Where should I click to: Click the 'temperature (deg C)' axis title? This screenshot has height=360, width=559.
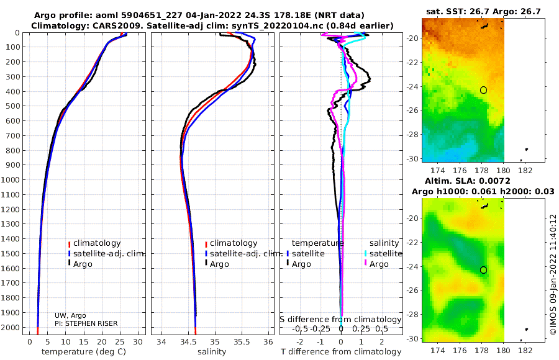pyautogui.click(x=84, y=352)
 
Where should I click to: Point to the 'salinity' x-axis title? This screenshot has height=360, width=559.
pyautogui.click(x=212, y=352)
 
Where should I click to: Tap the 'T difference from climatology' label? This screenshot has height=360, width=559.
pyautogui.click(x=341, y=352)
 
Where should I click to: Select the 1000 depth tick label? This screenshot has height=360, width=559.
pyautogui.click(x=10, y=179)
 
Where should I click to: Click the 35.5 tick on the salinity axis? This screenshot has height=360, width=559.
pyautogui.click(x=242, y=342)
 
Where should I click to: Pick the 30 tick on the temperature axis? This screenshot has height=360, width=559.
pyautogui.click(x=138, y=342)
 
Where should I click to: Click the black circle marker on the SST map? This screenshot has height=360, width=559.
pyautogui.click(x=483, y=90)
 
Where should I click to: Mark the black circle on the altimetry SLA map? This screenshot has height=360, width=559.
pyautogui.click(x=483, y=270)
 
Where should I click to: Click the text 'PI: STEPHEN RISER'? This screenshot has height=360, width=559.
pyautogui.click(x=86, y=323)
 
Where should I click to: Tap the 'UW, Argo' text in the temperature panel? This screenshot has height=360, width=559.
pyautogui.click(x=70, y=315)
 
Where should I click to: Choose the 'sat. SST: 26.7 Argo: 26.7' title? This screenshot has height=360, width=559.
pyautogui.click(x=483, y=11)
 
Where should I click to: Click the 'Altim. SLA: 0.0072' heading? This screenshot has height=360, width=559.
pyautogui.click(x=467, y=181)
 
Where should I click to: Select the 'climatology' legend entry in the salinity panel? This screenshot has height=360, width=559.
pyautogui.click(x=231, y=243)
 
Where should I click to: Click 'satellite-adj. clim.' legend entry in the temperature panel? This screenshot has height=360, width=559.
pyautogui.click(x=106, y=254)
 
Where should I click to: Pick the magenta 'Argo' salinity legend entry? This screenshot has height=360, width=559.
pyautogui.click(x=376, y=264)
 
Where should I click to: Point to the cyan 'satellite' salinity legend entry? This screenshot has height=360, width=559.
pyautogui.click(x=383, y=254)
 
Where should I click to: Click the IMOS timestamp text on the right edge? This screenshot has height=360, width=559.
pyautogui.click(x=553, y=274)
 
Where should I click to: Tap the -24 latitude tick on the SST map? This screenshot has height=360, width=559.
pyautogui.click(x=413, y=87)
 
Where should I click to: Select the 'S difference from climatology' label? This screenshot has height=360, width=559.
pyautogui.click(x=340, y=320)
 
